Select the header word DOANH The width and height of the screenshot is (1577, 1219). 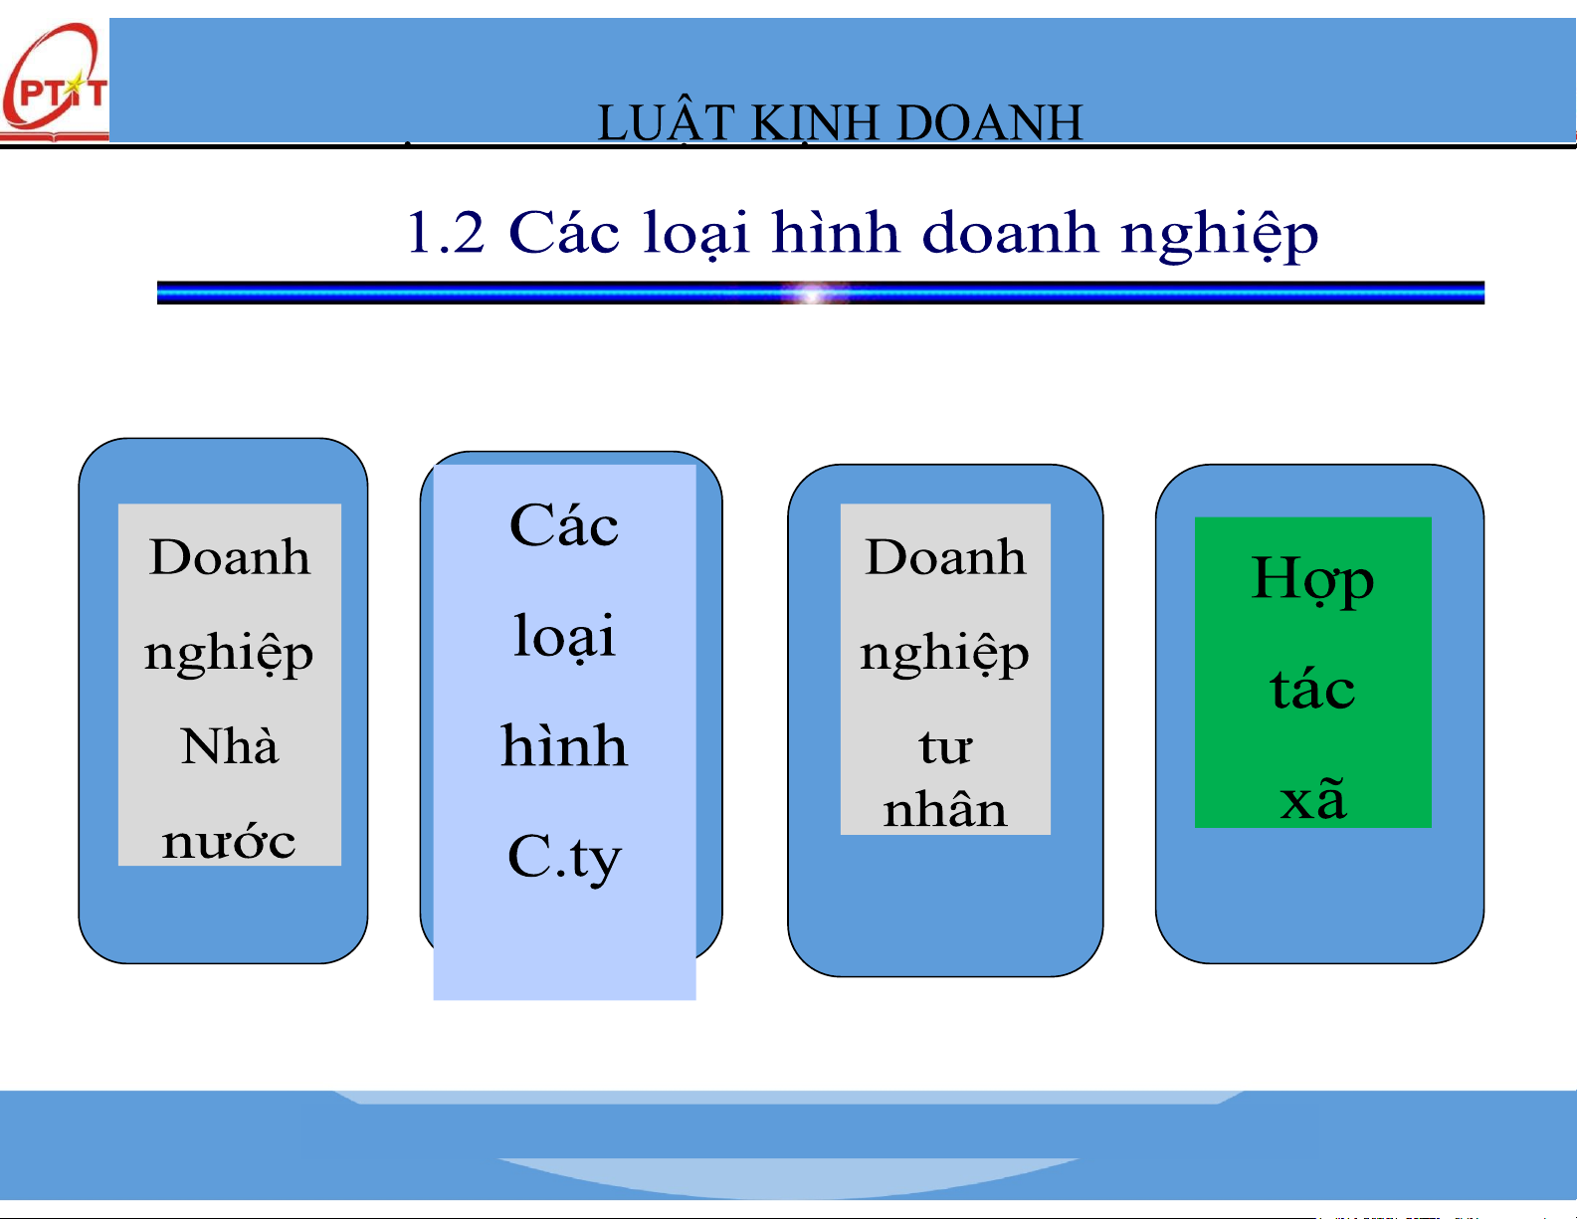989,122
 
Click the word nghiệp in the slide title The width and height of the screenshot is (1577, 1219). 1219,235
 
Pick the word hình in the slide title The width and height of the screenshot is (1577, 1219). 836,232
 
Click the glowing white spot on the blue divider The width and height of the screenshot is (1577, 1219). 814,294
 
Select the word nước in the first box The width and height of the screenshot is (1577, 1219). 229,842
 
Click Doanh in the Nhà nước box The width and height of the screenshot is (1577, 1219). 230,557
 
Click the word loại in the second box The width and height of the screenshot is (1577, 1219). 564,636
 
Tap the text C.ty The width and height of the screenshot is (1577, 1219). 564,859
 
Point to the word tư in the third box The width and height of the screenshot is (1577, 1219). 944,746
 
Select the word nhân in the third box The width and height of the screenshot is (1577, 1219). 945,810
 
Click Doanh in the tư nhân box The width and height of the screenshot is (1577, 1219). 945,557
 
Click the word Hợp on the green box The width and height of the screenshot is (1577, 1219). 1312,580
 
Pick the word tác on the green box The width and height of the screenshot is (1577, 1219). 1312,687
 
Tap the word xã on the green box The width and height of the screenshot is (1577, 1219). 1313,797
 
